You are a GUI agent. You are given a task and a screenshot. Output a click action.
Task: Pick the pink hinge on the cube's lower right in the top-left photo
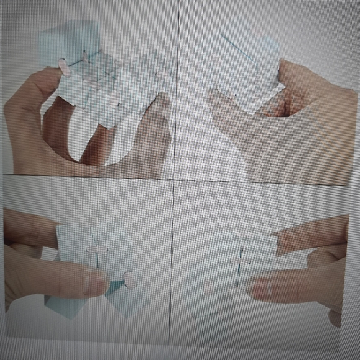pos(115,98)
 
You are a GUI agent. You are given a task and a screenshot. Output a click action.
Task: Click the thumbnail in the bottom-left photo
pos(96,285)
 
